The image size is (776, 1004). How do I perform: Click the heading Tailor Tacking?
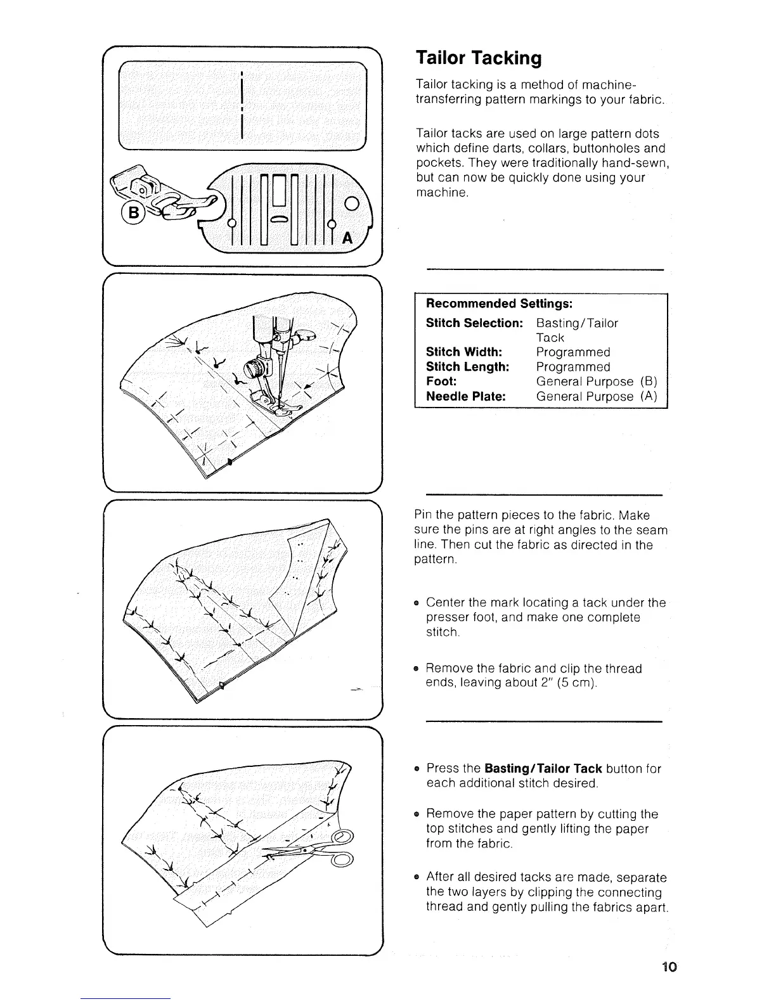coord(479,58)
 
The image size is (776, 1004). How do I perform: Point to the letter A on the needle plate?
coord(347,238)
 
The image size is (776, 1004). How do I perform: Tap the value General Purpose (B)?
coord(597,382)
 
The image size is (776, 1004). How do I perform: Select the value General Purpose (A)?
coord(597,396)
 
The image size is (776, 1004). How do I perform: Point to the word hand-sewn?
coord(628,163)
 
